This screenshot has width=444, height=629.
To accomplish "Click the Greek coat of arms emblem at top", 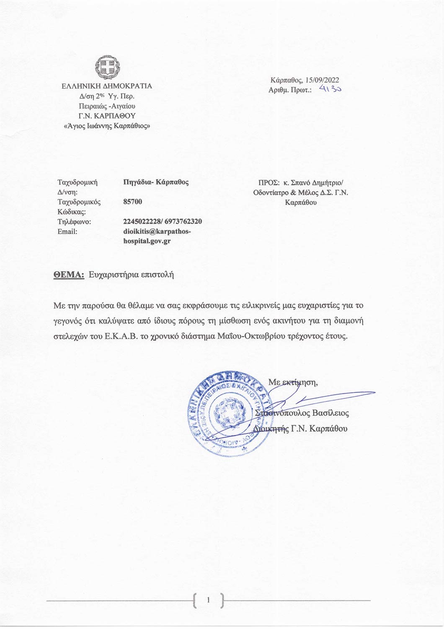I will [x=107, y=68].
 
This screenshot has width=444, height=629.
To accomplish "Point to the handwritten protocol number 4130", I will [x=330, y=89].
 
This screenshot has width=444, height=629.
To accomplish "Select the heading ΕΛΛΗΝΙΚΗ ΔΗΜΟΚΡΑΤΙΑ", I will [x=107, y=86].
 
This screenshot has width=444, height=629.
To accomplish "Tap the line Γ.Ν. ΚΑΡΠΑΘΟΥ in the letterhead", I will [x=107, y=116].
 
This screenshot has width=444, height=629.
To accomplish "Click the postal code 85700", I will [x=133, y=202].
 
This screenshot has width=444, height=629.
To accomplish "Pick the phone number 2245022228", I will [x=141, y=221].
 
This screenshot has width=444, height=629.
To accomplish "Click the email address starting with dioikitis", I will [x=157, y=236].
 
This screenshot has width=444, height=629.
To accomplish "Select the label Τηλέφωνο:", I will [x=74, y=221].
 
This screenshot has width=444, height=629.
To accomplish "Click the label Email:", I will [x=67, y=231].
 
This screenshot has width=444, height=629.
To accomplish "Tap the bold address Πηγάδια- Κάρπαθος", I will [x=156, y=182].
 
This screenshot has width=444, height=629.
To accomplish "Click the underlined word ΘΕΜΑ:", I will [x=69, y=275].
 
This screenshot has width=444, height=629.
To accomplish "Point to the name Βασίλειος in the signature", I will [x=330, y=413].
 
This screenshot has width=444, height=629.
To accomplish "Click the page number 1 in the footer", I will [x=209, y=600].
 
